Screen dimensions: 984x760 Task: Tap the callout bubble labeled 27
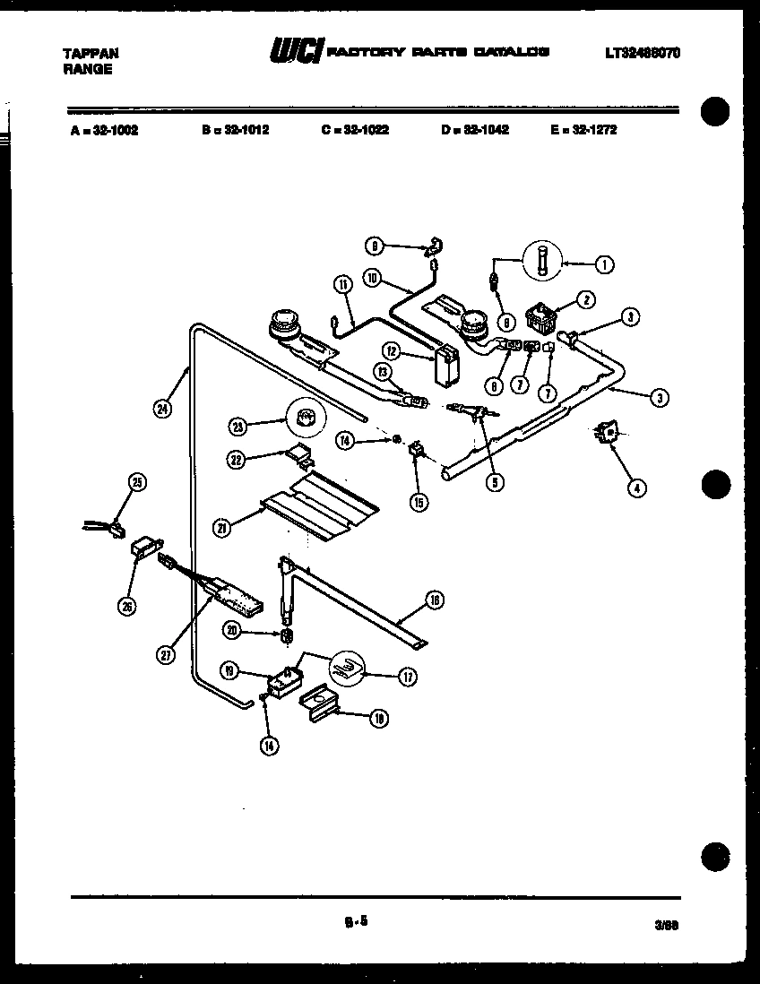[166, 655]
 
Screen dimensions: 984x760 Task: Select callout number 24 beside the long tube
[161, 408]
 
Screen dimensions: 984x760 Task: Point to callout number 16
[435, 601]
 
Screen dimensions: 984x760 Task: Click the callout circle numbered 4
[635, 488]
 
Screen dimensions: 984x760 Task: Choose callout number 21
[221, 529]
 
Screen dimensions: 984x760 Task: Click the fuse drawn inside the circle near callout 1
[542, 263]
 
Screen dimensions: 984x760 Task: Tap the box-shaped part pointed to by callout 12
[445, 367]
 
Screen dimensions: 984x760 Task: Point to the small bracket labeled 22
[300, 456]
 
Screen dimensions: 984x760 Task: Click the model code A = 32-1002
[103, 129]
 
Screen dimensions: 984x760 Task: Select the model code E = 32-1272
[584, 129]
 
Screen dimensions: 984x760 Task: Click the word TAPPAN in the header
[90, 54]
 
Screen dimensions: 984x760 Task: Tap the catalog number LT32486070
[643, 53]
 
